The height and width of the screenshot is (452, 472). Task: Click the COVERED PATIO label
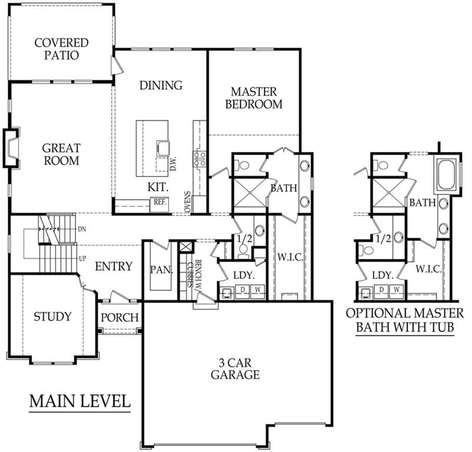click(61, 49)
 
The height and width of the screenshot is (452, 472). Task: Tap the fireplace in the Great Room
click(11, 148)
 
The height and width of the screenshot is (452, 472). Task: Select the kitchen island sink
click(163, 148)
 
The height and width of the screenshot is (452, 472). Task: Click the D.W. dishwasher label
click(173, 164)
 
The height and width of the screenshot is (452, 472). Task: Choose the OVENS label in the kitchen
click(187, 201)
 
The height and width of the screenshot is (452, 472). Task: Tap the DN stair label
click(82, 229)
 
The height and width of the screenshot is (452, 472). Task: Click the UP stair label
click(82, 258)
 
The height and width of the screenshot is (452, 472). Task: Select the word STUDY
click(52, 317)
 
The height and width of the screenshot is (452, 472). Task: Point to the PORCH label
click(120, 318)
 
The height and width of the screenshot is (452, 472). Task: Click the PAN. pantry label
click(161, 270)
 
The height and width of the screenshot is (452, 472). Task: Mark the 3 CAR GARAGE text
click(235, 369)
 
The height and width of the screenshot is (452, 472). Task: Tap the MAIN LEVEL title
click(80, 401)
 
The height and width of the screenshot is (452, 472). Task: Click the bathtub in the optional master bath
click(447, 175)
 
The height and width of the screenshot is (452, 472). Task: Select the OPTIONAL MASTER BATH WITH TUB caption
click(405, 320)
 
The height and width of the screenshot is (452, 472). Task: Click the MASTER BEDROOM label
click(254, 98)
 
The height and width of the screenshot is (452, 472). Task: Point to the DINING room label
click(161, 85)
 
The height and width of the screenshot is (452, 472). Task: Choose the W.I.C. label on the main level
click(290, 257)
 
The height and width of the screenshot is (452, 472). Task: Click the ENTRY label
click(114, 267)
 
